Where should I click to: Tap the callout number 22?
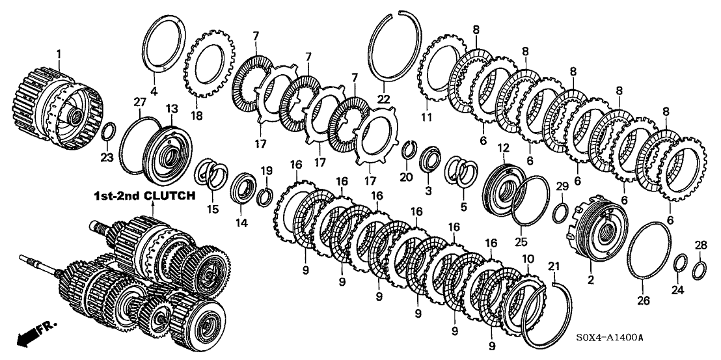[x=385, y=98]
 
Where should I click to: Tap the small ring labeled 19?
[x=265, y=196]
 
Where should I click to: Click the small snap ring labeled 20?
[x=409, y=148]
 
